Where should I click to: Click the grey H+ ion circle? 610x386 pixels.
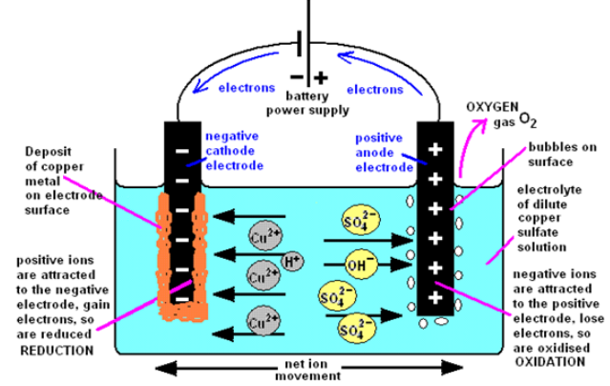tap(292, 262)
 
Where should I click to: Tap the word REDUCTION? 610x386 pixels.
tap(56, 351)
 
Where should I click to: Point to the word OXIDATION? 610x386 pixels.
tap(550, 362)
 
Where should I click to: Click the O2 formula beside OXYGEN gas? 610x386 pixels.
tap(528, 120)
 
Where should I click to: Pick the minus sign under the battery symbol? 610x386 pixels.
tap(297, 76)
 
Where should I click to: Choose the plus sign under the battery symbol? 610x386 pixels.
tap(321, 78)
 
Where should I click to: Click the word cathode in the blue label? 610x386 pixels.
tap(230, 151)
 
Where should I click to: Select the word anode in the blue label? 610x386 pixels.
tap(374, 152)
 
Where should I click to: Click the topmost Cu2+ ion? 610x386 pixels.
tap(265, 236)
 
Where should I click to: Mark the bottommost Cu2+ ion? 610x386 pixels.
tap(263, 321)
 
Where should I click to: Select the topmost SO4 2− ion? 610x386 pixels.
tap(360, 220)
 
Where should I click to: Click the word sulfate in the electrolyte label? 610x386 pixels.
tap(537, 232)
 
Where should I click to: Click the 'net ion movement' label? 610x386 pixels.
tap(307, 370)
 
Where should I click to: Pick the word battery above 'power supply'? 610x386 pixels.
tap(307, 96)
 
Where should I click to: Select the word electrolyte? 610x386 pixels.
tap(549, 190)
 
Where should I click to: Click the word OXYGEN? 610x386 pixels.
tap(493, 107)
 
